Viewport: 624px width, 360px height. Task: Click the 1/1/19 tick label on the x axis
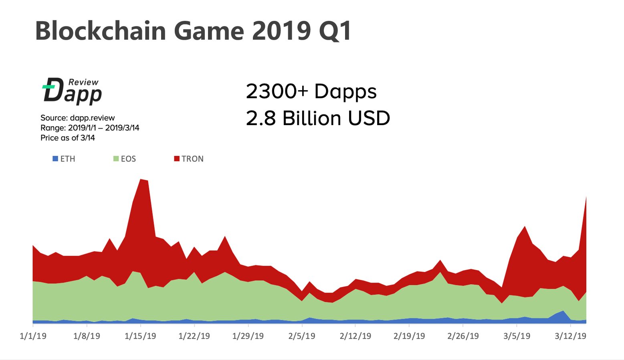pos(33,336)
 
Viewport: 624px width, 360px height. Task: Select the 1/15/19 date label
pos(140,336)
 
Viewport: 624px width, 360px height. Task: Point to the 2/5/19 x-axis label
pos(302,336)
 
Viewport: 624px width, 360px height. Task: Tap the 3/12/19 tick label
pos(570,336)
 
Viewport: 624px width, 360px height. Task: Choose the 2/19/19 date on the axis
pos(409,336)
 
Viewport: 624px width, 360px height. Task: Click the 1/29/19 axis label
pos(248,336)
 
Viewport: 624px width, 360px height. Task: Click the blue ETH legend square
pos(55,159)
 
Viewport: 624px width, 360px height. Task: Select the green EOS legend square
pos(116,159)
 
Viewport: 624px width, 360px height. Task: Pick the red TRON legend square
pos(177,159)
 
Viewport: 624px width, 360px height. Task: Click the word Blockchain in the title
pos(100,31)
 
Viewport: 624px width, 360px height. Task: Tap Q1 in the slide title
pos(335,31)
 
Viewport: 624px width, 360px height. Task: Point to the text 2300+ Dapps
pos(311,91)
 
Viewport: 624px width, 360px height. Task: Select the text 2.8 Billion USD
pos(318,118)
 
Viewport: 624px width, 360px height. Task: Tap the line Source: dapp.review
pos(77,118)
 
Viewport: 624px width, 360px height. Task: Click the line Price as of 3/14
pos(67,138)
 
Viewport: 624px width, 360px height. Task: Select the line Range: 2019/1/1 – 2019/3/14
pos(90,128)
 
